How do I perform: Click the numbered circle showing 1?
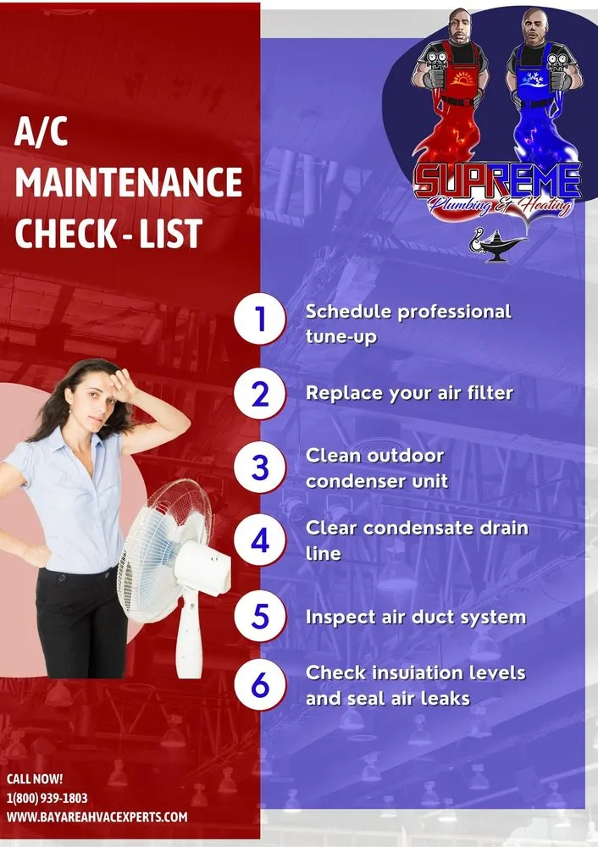260,320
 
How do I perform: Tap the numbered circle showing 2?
260,394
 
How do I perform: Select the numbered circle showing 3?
260,468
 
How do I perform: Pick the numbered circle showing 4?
260,540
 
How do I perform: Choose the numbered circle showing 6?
260,684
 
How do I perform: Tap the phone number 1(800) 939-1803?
47,798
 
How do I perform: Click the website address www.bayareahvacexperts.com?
97,817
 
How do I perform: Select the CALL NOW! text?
35,778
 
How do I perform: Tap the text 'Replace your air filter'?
409,393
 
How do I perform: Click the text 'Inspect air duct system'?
416,617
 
